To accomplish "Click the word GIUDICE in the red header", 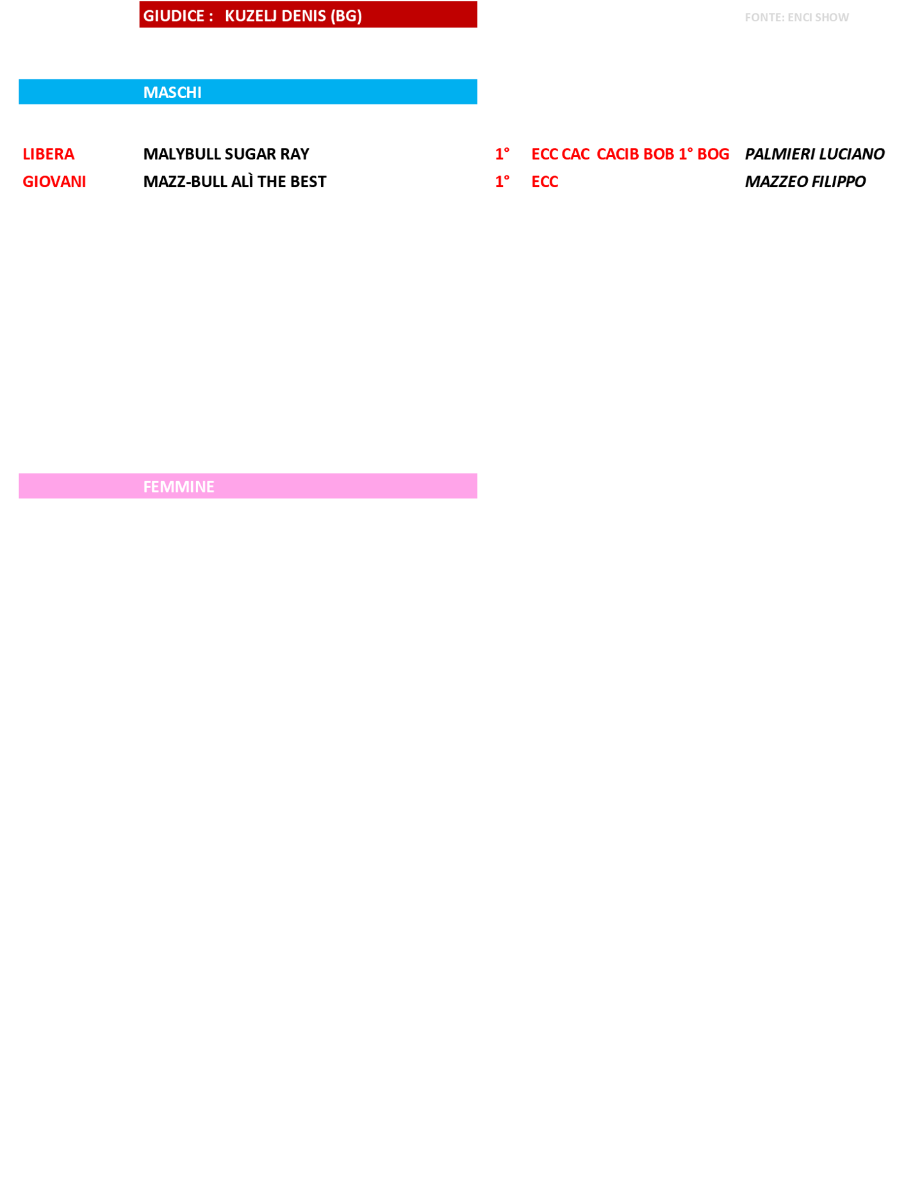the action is [x=174, y=16].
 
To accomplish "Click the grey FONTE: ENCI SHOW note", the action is [x=796, y=17].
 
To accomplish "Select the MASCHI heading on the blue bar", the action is [x=172, y=92].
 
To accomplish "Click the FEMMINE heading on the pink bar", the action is [x=179, y=487].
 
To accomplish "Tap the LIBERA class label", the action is [x=49, y=154].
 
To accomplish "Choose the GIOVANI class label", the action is [x=54, y=182].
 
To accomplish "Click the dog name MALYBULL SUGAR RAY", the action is [x=226, y=154].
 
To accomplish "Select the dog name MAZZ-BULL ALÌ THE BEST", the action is [x=235, y=182].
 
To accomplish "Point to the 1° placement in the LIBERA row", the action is [x=502, y=154].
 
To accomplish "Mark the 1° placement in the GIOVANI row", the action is [x=502, y=181].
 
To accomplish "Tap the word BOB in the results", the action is [x=659, y=154].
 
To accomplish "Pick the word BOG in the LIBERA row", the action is [x=713, y=154].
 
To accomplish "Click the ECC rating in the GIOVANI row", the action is [x=545, y=182].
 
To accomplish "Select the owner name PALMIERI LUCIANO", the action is [x=814, y=154].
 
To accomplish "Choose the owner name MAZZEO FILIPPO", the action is [x=805, y=182].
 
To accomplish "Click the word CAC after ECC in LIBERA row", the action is [x=575, y=154].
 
